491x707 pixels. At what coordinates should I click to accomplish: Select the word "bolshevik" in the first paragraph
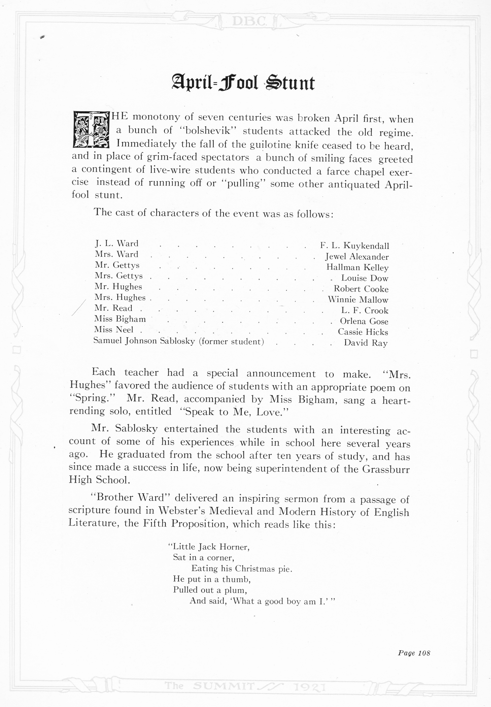coord(209,131)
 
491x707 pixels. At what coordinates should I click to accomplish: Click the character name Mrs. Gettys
coord(119,276)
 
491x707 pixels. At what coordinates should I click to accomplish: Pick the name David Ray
coord(366,343)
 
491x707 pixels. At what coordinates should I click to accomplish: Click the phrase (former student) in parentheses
coord(231,341)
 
